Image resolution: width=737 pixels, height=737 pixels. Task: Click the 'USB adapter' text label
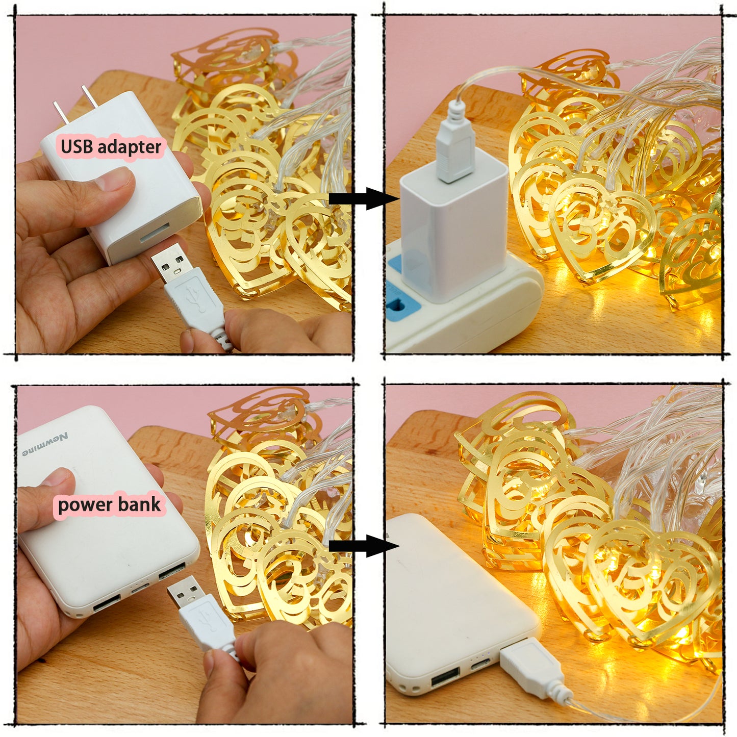(x=111, y=147)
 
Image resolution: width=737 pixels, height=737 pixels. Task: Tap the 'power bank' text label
(x=109, y=504)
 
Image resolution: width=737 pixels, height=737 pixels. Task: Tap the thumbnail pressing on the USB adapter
(x=114, y=180)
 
